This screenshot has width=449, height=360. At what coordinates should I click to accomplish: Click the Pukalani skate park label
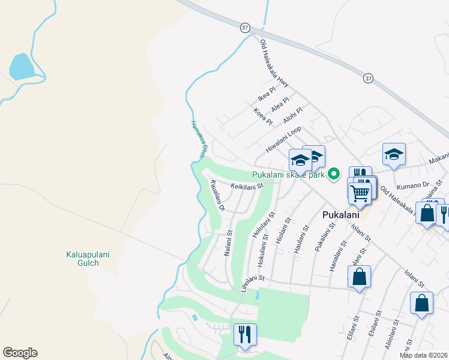pos(288,175)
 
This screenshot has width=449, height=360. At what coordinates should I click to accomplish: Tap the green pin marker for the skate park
pos(335,175)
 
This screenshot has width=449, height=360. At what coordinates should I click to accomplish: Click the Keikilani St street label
pos(247,187)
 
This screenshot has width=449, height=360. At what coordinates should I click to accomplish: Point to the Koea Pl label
pos(263,116)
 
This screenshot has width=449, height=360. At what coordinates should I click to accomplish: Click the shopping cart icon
pos(359,193)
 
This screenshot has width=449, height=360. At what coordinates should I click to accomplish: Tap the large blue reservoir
pos(22,66)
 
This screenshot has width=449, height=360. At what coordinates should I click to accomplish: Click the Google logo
pos(19,353)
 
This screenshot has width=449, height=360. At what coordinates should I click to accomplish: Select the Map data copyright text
pos(423,355)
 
